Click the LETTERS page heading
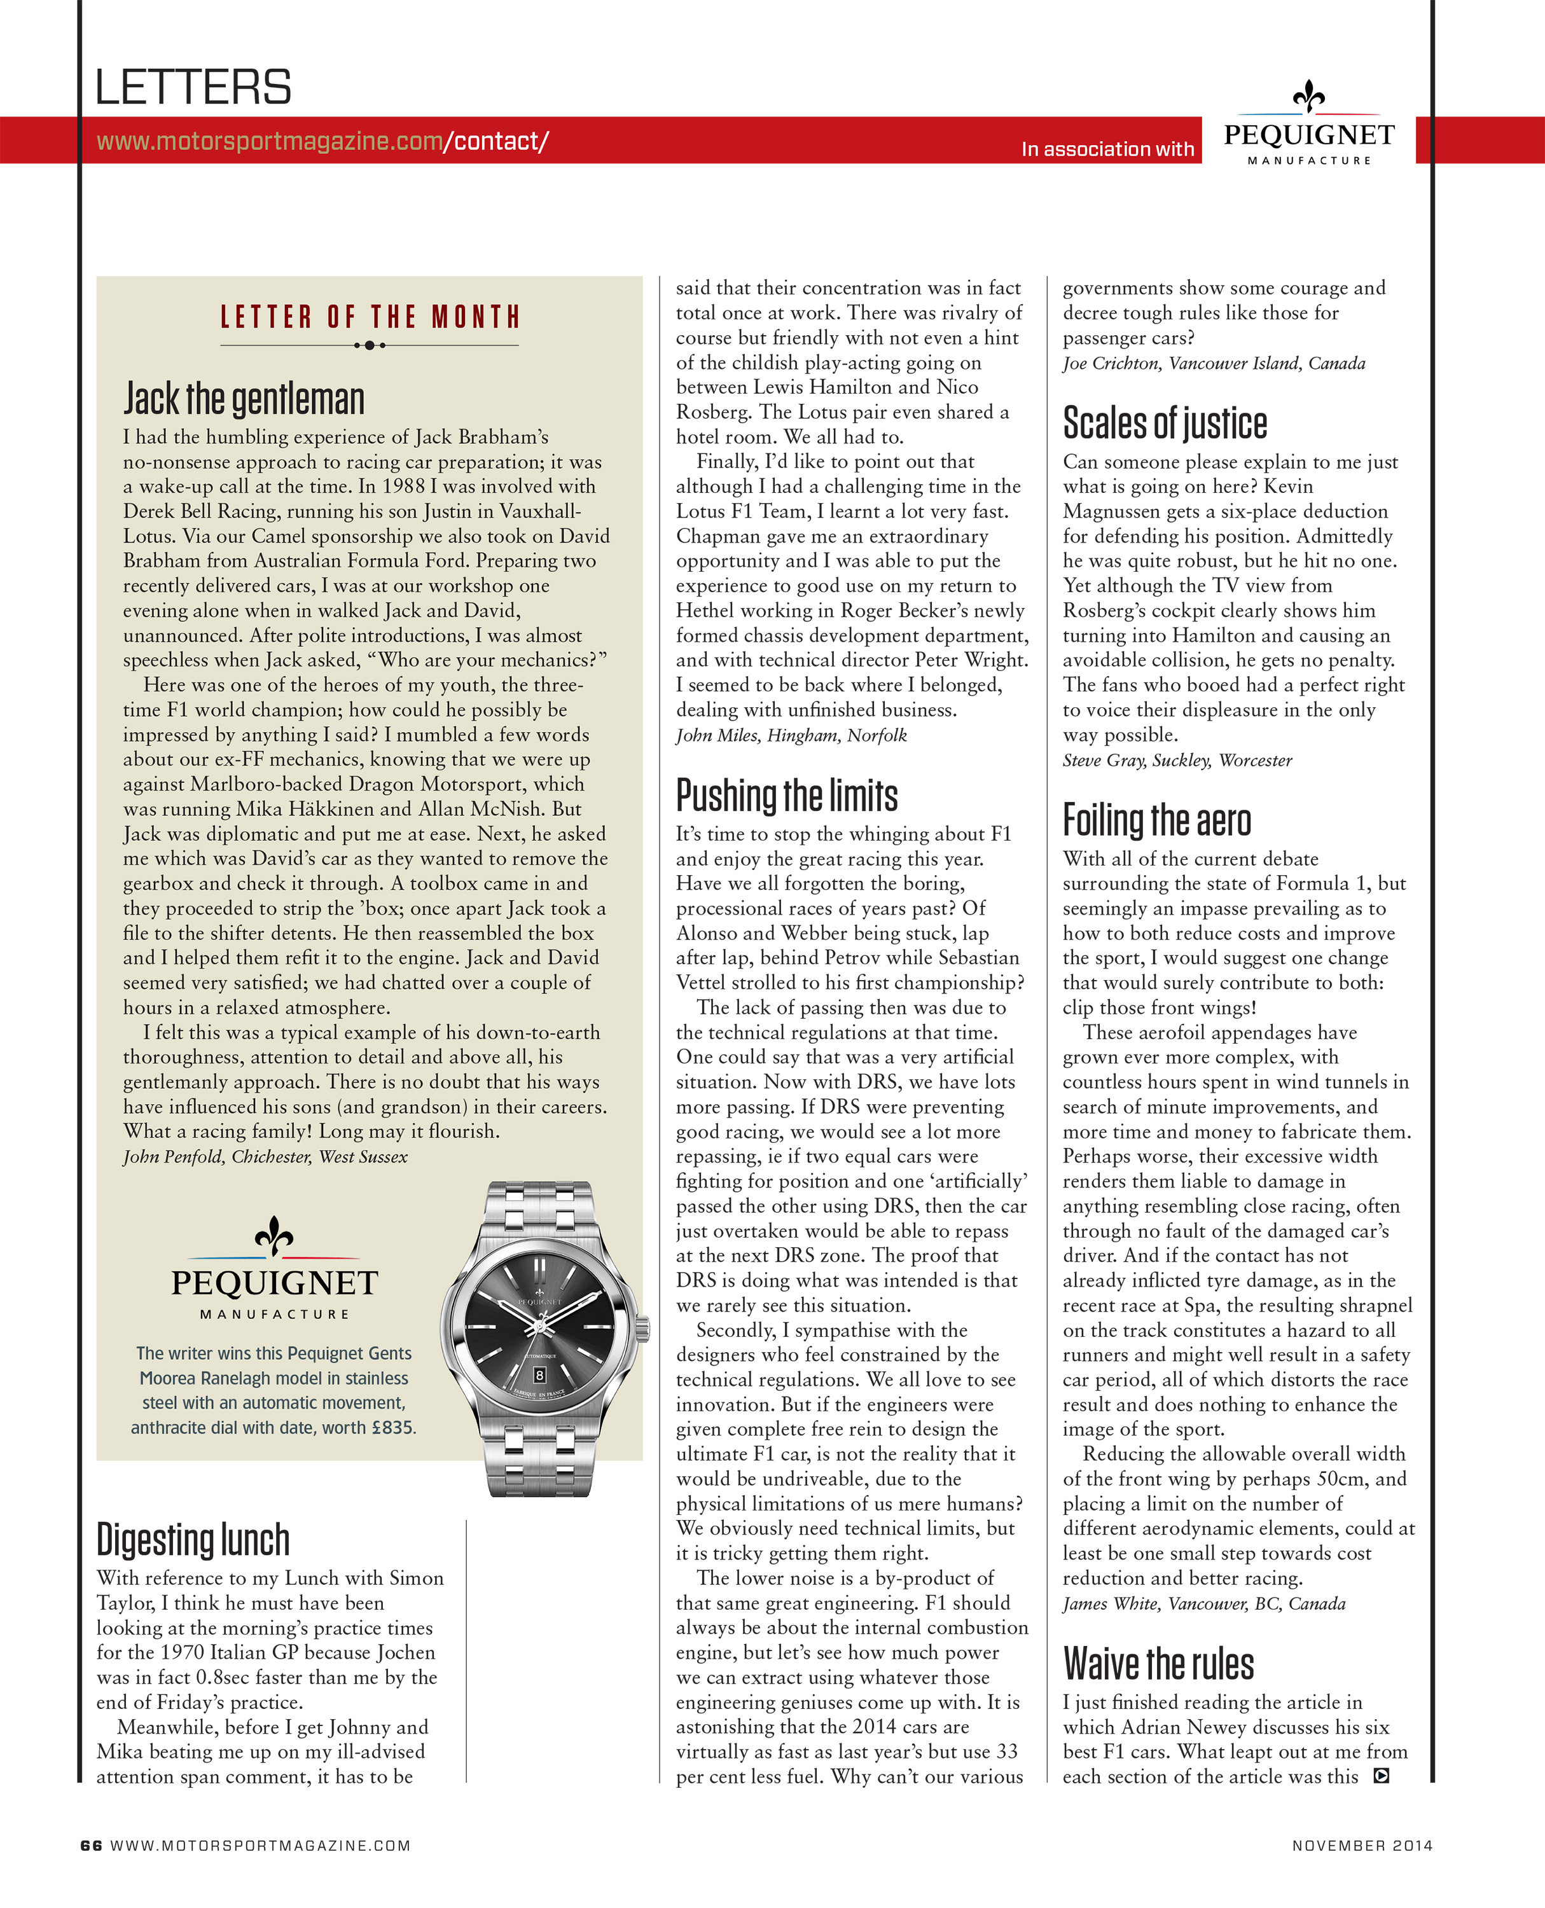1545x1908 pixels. click(x=193, y=87)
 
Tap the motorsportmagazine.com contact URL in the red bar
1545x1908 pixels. click(x=322, y=141)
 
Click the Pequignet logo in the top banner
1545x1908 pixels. click(x=1308, y=125)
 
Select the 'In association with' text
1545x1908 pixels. click(x=1107, y=149)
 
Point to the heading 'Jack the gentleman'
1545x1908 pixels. click(x=244, y=399)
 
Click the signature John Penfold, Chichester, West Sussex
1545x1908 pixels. click(x=265, y=1157)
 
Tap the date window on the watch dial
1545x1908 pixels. click(x=539, y=1375)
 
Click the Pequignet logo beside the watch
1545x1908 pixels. click(x=274, y=1268)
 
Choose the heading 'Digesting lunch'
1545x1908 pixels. click(x=193, y=1540)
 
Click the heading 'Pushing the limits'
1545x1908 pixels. click(x=787, y=796)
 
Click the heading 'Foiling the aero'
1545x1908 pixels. click(x=1156, y=820)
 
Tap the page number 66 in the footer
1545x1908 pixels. click(x=91, y=1846)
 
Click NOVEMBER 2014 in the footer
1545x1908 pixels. click(x=1362, y=1846)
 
